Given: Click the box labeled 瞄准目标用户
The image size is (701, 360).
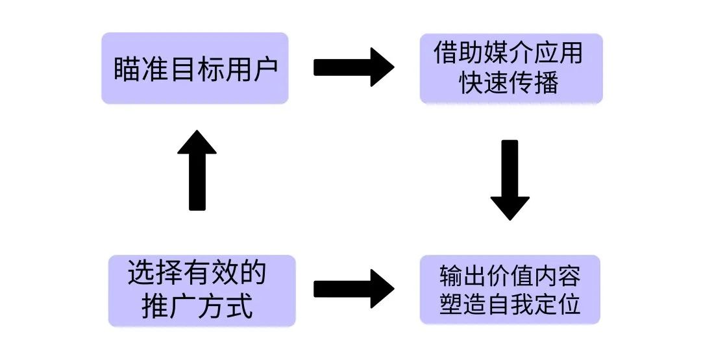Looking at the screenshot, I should pyautogui.click(x=194, y=68).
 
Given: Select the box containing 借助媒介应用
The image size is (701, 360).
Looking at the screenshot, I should pyautogui.click(x=511, y=68).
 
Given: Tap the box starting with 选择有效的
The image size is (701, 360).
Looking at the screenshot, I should pyautogui.click(x=201, y=290).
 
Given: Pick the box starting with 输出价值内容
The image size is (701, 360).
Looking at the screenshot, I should pyautogui.click(x=510, y=289).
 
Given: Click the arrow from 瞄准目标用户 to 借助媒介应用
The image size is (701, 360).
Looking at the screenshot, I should pyautogui.click(x=354, y=67).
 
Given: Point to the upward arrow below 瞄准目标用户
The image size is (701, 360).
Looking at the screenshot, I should pyautogui.click(x=197, y=170).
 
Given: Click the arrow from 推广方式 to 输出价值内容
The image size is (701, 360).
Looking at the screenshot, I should pyautogui.click(x=354, y=289).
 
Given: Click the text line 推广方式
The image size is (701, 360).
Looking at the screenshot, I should pyautogui.click(x=197, y=306).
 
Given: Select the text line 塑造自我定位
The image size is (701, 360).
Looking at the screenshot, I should pyautogui.click(x=510, y=305).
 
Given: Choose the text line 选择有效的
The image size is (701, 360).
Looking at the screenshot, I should pyautogui.click(x=197, y=274).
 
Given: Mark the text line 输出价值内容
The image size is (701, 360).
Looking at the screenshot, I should pyautogui.click(x=510, y=276).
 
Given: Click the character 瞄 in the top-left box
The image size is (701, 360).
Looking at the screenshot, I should pyautogui.click(x=127, y=69).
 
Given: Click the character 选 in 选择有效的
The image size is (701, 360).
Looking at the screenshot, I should pyautogui.click(x=141, y=274).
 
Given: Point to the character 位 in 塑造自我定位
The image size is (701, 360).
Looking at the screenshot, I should pyautogui.click(x=569, y=305).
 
